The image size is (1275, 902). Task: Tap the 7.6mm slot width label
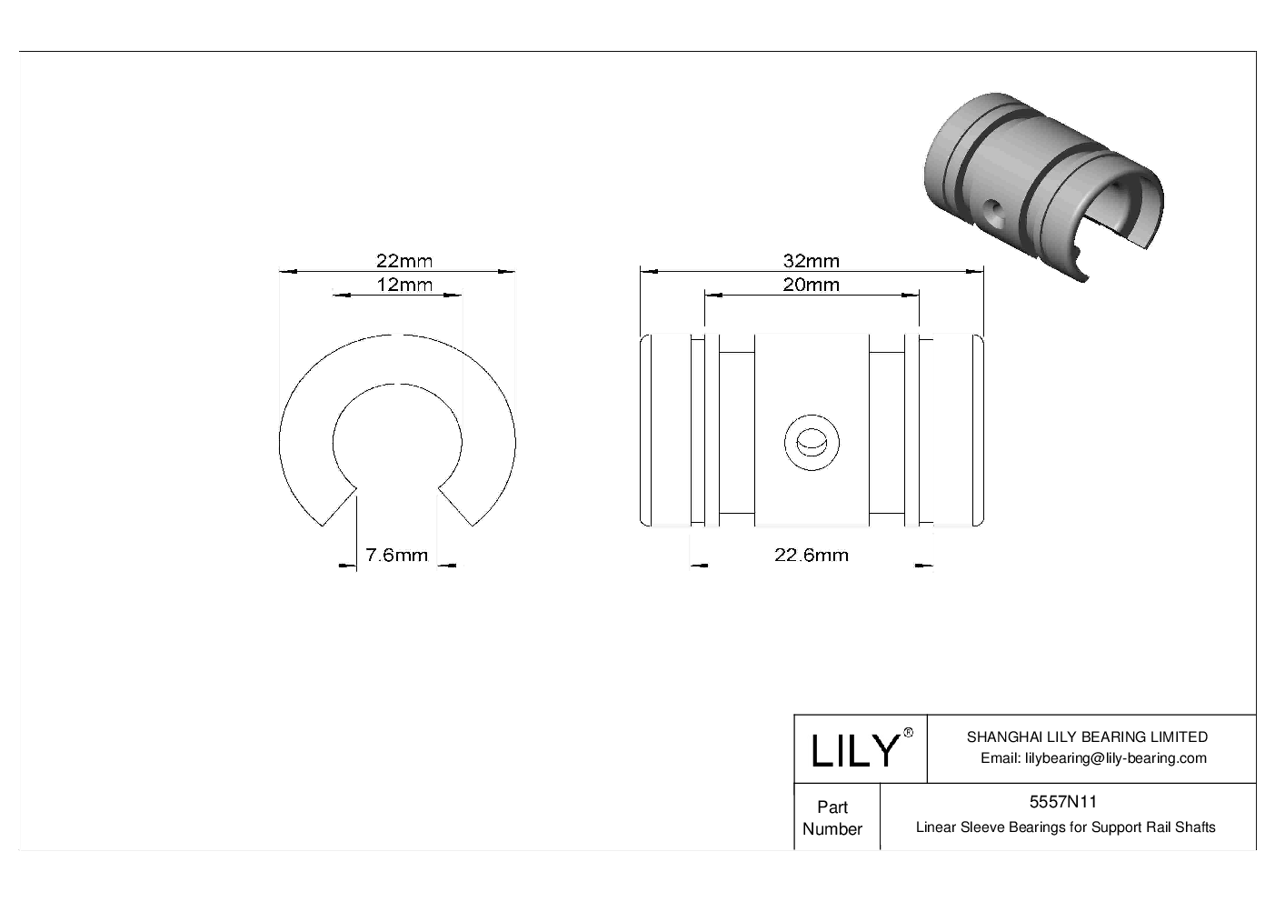(x=396, y=555)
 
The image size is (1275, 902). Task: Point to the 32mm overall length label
(x=812, y=261)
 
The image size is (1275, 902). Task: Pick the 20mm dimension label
(x=812, y=285)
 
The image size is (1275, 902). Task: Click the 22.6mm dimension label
(x=812, y=555)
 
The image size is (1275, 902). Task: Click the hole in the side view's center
(x=812, y=443)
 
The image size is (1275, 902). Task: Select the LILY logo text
(x=854, y=751)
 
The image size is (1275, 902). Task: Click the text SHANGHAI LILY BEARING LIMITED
(x=1087, y=737)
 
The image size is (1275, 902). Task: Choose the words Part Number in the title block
(x=832, y=817)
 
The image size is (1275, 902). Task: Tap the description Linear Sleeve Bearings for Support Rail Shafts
(x=1065, y=827)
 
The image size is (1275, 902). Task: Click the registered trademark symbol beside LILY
(x=908, y=734)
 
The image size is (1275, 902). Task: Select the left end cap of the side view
(x=665, y=430)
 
